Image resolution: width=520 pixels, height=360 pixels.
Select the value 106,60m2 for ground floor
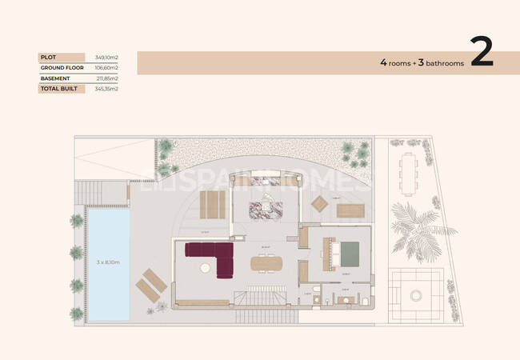106,68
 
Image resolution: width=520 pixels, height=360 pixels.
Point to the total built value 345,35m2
106,89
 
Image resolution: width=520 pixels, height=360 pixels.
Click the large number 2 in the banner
482,53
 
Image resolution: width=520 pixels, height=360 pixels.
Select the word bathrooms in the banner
445,62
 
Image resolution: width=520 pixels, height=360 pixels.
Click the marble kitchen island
263,210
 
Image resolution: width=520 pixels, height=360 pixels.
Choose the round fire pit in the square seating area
415,295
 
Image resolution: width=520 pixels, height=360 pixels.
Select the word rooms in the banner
402,62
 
